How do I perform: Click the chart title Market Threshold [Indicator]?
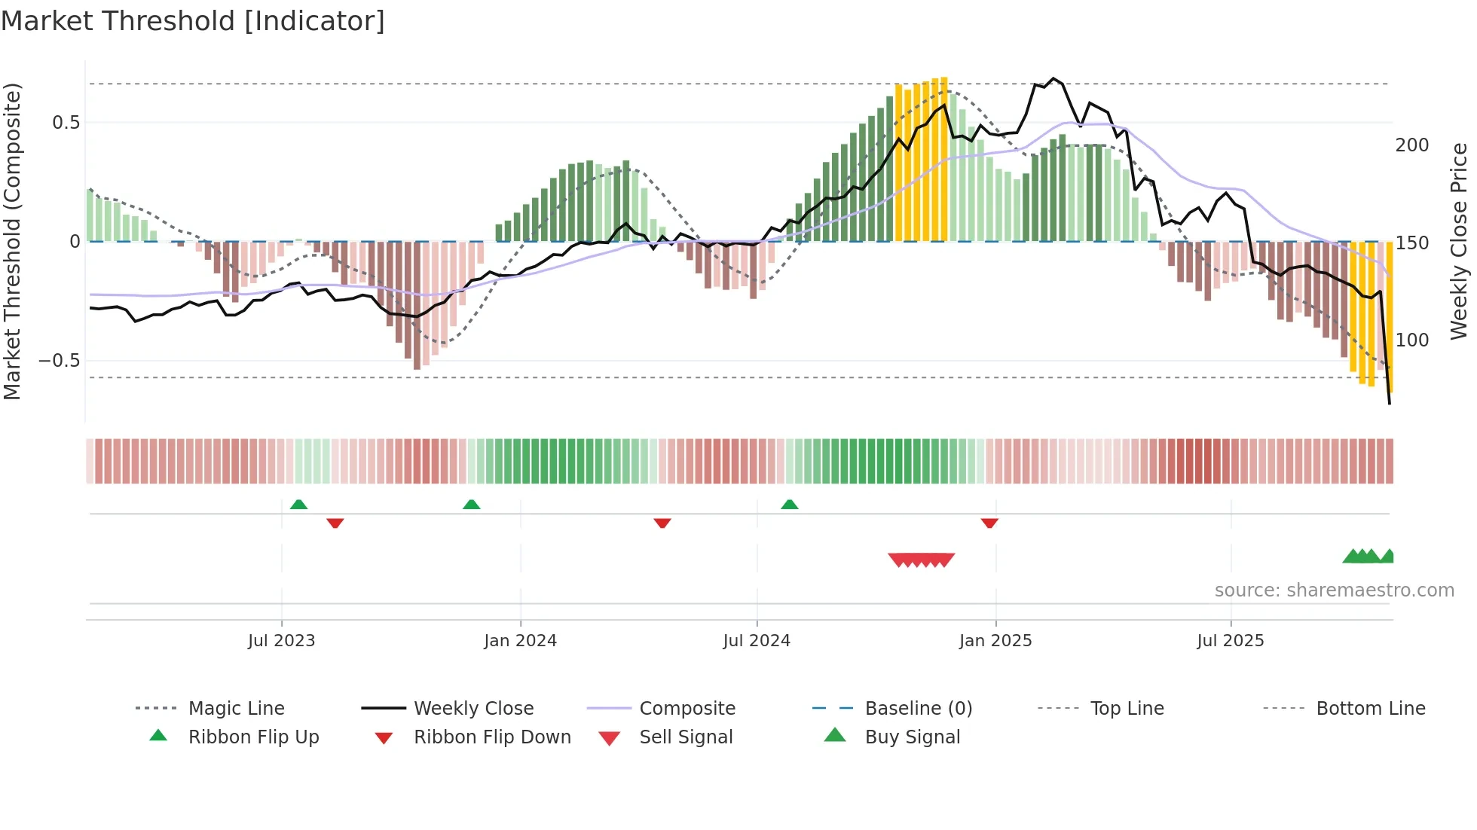point(193,21)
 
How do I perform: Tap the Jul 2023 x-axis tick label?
point(281,641)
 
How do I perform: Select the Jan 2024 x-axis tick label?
point(520,641)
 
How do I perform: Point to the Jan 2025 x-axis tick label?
point(995,641)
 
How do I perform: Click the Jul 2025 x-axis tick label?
point(1231,641)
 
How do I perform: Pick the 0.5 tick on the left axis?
point(66,123)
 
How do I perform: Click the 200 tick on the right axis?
point(1411,145)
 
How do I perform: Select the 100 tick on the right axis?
point(1411,340)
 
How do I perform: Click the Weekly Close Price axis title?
point(1460,241)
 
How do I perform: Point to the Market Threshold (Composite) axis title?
point(12,241)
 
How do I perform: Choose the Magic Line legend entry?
point(236,709)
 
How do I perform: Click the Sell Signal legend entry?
point(685,737)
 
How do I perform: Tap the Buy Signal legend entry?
point(912,737)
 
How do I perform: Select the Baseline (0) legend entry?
point(918,709)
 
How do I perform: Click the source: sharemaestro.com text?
point(1334,590)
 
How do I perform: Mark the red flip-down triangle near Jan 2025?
point(989,523)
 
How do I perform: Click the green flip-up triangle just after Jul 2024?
point(789,505)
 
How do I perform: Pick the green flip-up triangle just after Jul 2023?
point(298,505)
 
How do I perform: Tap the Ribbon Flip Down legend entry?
point(491,737)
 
